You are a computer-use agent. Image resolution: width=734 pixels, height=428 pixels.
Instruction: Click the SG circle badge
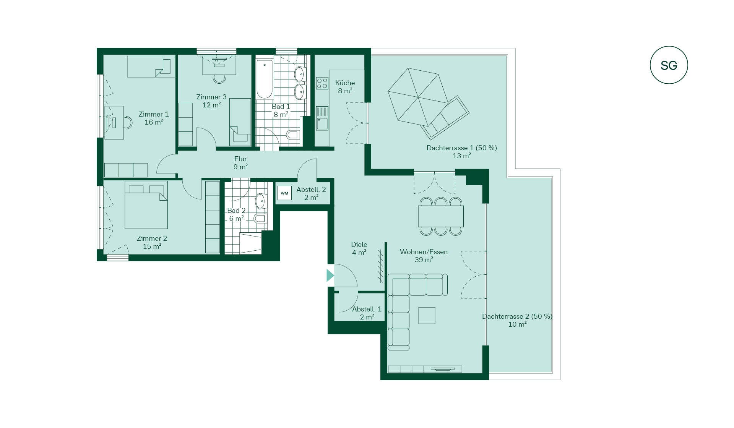click(669, 65)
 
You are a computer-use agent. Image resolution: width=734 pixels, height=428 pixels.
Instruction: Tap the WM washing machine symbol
click(284, 193)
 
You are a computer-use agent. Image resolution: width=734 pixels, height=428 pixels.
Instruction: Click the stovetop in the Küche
click(322, 83)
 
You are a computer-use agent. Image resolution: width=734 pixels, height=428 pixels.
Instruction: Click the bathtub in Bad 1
click(264, 79)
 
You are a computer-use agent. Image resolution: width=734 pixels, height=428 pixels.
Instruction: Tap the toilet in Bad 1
click(293, 135)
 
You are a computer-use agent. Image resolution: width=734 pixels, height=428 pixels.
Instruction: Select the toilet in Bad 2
click(260, 219)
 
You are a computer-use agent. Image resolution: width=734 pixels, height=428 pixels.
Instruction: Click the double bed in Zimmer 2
click(146, 205)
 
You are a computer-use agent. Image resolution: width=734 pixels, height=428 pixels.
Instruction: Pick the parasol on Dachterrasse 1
click(418, 97)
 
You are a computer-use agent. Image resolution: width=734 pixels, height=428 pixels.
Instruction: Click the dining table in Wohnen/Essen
click(441, 216)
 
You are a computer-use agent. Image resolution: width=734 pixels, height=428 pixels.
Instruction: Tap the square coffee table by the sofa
click(427, 316)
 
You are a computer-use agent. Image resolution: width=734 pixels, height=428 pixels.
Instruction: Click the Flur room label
click(240, 159)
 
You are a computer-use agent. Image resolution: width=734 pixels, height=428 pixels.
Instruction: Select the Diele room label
click(359, 245)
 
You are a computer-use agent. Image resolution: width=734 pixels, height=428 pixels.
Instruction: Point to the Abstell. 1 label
click(367, 309)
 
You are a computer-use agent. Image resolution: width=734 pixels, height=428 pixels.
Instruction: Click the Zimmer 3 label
click(211, 97)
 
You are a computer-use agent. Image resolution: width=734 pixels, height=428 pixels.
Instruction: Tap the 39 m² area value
click(424, 260)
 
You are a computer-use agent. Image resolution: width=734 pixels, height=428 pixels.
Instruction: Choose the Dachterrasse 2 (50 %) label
click(517, 316)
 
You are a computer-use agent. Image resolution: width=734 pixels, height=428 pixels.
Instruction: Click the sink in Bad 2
click(260, 201)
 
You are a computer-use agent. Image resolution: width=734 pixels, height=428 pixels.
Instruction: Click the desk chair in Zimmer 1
click(128, 123)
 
